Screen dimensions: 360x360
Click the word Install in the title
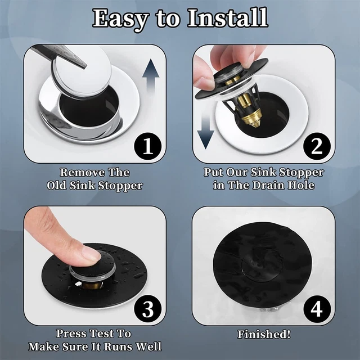228,18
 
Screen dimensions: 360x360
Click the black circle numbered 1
147,146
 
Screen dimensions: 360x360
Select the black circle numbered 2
317,146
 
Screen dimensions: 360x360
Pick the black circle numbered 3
147,309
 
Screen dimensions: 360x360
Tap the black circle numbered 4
317,309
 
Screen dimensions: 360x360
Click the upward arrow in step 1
151,76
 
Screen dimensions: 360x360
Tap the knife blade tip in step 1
85,67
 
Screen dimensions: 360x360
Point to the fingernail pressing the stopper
91,254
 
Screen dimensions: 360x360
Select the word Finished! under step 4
264,334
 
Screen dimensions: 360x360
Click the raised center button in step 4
261,263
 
